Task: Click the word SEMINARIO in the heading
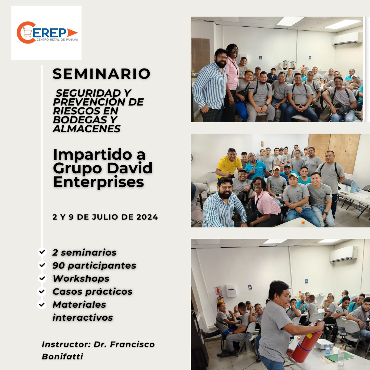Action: pos(101,74)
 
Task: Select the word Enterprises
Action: pos(99,182)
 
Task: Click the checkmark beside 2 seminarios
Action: pos(42,252)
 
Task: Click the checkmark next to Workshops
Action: pos(42,278)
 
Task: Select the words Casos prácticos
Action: pos(92,292)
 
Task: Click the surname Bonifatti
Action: pos(62,356)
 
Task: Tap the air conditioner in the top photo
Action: pos(347,38)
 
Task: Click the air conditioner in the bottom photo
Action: pos(344,254)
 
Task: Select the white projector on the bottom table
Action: pos(324,344)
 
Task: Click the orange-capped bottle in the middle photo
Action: pos(303,224)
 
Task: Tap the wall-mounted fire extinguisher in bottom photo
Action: pos(220,300)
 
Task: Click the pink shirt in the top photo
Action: pos(232,74)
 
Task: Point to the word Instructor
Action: pos(66,344)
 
